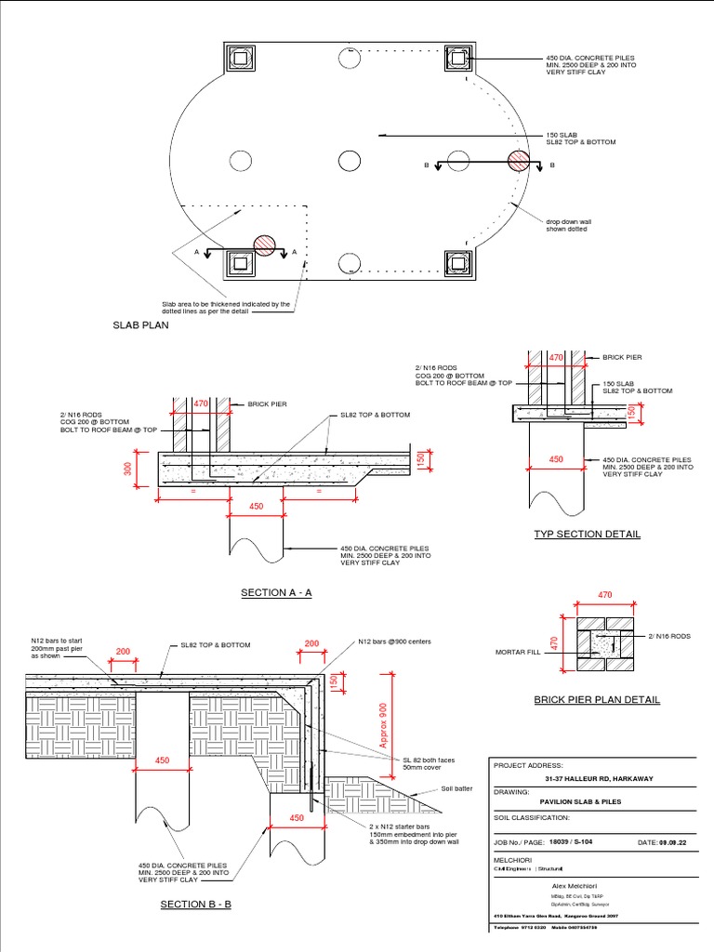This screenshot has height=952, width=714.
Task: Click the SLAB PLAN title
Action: tap(140, 325)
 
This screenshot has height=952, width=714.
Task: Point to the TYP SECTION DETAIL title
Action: tap(586, 534)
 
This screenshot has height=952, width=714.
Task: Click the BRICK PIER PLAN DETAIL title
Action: tap(596, 699)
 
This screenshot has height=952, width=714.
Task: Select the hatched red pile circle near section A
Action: tap(266, 245)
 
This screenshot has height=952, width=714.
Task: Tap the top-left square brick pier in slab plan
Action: tap(241, 59)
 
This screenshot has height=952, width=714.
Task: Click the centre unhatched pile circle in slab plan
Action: tap(349, 161)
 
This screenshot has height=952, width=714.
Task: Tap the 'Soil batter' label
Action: tap(456, 788)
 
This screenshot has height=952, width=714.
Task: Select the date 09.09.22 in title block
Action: tap(676, 842)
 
